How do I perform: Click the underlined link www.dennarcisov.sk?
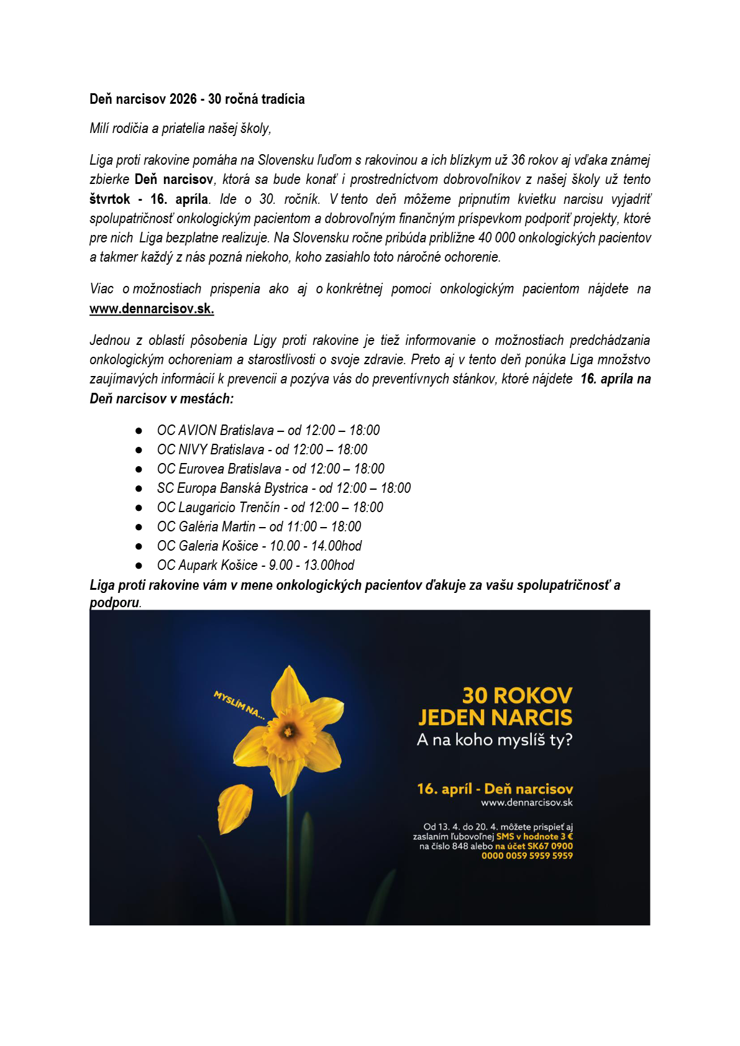[152, 309]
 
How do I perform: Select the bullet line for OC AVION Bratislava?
[268, 430]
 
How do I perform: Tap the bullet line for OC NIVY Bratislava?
[262, 449]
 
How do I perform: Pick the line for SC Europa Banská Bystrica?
[283, 488]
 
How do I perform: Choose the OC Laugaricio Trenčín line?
[270, 507]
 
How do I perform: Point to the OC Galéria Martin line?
[258, 526]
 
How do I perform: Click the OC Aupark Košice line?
[255, 565]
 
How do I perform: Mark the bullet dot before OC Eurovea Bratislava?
[139, 469]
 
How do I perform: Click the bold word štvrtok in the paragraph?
[110, 200]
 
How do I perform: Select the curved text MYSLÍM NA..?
[239, 705]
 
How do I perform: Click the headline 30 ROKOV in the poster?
[517, 695]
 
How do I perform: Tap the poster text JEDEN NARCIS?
[495, 718]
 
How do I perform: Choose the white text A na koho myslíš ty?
[495, 740]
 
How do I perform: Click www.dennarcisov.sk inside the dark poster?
[526, 802]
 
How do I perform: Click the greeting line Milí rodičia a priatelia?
[180, 129]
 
